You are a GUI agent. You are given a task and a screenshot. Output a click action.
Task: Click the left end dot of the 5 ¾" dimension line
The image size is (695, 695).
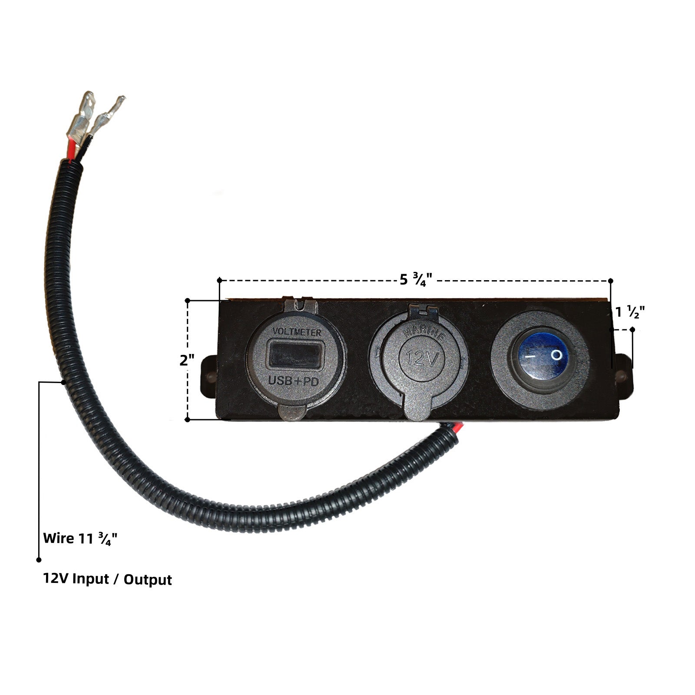click(220, 280)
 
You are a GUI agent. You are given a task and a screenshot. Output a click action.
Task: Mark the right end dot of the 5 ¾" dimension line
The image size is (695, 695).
click(611, 280)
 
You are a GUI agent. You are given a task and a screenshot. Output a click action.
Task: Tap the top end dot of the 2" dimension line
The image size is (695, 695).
click(188, 300)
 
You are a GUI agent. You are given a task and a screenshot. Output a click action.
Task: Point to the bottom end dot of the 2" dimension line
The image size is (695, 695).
click(188, 419)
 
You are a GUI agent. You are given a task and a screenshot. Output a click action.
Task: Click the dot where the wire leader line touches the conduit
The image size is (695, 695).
click(64, 382)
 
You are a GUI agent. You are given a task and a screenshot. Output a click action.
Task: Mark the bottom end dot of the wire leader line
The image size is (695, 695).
click(39, 560)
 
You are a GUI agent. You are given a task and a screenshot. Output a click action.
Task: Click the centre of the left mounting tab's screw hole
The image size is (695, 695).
click(210, 374)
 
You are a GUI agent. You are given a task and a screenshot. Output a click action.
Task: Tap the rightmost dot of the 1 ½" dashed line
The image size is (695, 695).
click(632, 330)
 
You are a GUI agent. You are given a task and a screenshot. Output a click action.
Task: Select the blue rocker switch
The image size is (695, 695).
click(540, 356)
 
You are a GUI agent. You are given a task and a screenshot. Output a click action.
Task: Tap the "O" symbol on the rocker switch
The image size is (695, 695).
click(556, 355)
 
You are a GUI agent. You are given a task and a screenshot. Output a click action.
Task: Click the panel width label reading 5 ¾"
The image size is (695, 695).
click(416, 279)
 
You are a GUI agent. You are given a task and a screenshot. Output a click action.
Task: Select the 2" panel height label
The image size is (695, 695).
click(187, 360)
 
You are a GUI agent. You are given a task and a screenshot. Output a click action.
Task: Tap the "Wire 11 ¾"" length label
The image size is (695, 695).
click(80, 539)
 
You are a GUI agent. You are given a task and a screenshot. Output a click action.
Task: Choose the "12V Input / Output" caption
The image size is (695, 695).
click(107, 579)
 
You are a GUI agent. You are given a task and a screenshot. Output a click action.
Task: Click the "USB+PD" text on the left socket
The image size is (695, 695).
click(294, 381)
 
